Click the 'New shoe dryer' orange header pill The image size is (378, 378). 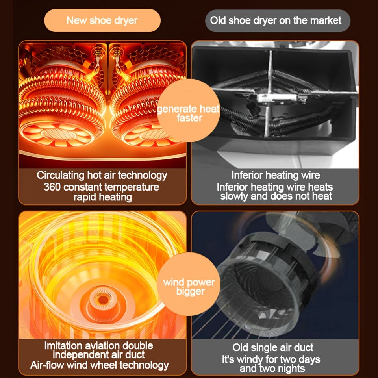click(102, 20)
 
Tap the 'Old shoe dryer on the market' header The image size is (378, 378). click(278, 21)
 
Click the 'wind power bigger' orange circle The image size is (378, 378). click(189, 284)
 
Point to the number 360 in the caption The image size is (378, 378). click(52, 187)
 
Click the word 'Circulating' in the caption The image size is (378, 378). click(61, 176)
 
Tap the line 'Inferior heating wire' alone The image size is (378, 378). click(276, 175)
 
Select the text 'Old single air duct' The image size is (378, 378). click(272, 348)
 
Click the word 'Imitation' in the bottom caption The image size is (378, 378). click(61, 346)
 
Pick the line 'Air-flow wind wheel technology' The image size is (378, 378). click(99, 365)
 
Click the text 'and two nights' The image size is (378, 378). click(272, 369)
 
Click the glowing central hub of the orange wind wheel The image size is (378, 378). click(104, 300)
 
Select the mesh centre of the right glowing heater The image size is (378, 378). click(154, 135)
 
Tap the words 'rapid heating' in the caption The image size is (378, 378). click(103, 197)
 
